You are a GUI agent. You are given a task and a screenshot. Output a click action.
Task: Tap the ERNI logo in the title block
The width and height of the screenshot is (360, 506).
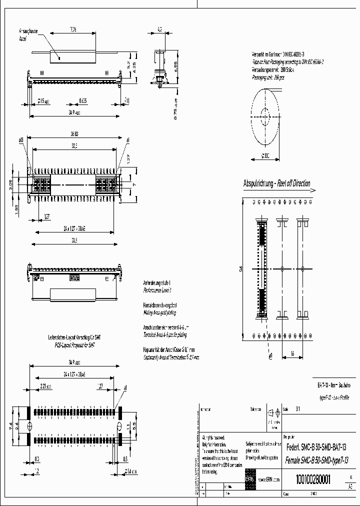250,479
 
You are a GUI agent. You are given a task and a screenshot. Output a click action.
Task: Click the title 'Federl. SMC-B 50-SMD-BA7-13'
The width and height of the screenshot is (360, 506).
315,446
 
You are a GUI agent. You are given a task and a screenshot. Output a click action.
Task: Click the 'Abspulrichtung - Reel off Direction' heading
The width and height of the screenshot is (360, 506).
276,183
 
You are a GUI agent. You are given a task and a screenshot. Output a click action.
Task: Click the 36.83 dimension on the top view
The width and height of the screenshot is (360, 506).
74,134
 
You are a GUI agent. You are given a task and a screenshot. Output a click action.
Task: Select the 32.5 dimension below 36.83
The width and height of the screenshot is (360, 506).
74,145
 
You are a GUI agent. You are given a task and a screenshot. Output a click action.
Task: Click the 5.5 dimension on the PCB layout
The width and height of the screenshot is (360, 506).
135,426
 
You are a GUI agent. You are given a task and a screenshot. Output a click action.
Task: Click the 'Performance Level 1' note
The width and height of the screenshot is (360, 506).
157,290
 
